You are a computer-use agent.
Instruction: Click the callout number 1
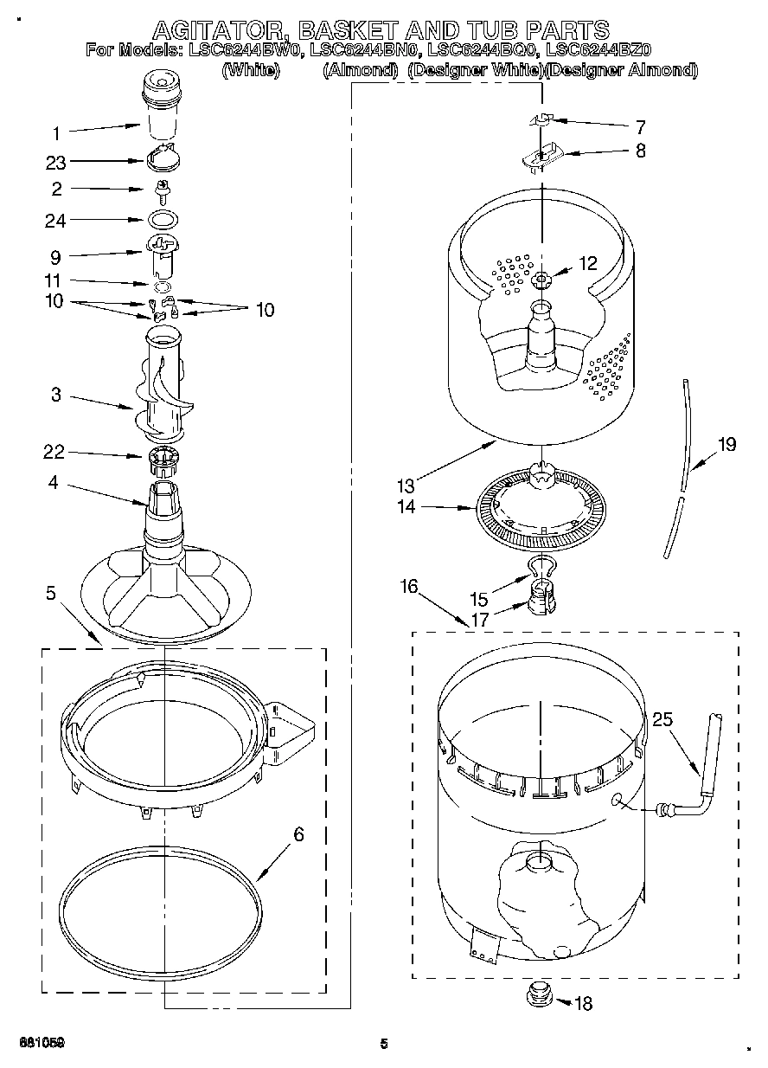[56, 133]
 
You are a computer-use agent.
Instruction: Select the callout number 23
[56, 162]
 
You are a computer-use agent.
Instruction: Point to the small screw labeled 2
[161, 188]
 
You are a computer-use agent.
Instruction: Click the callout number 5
[50, 593]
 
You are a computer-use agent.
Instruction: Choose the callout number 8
[640, 151]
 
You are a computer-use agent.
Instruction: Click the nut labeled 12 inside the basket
[541, 279]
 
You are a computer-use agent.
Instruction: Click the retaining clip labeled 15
[541, 566]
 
